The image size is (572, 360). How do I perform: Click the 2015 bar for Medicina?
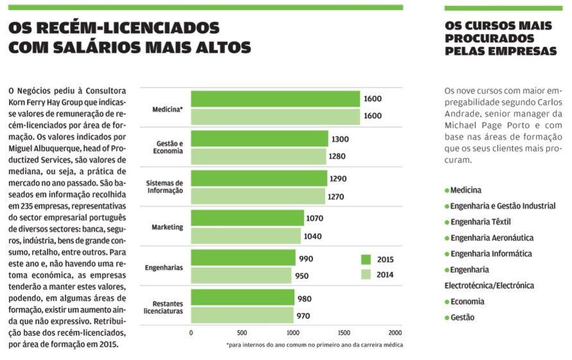coord(276,99)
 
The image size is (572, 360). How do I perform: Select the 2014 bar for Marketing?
coord(246,236)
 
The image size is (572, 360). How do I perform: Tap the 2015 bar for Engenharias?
coord(243,258)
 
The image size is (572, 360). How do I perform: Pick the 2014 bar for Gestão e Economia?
coord(258,157)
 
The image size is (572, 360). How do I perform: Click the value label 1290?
coord(338,179)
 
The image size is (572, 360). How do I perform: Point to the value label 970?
coord(303,316)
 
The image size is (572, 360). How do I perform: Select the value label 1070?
coord(314,218)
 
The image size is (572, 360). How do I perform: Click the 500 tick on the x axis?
coord(242,333)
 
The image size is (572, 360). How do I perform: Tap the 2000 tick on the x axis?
coord(395,333)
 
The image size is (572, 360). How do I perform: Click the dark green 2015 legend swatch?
coord(366,260)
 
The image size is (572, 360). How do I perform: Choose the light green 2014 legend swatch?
coord(366,275)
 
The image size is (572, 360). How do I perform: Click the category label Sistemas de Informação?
coord(165,187)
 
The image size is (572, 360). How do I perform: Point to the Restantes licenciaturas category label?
coord(164,307)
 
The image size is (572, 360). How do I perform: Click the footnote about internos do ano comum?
coord(314,345)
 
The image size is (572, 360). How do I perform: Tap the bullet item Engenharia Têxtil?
coord(478,222)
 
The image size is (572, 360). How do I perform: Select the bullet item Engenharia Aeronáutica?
coord(489,238)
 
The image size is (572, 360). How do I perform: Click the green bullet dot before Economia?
coord(447,302)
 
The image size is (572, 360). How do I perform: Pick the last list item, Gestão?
coord(460,318)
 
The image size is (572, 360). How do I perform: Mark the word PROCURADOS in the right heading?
coord(489,39)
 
